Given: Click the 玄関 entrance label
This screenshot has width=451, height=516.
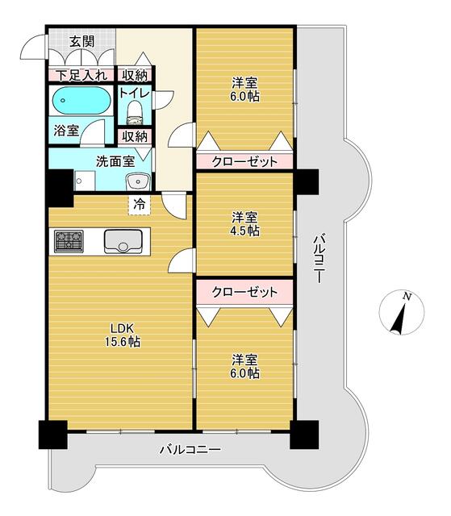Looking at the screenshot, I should click(x=81, y=40).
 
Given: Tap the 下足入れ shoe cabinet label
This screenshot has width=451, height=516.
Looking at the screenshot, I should click(x=81, y=76).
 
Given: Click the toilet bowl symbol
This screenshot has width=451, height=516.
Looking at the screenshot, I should click(x=135, y=111).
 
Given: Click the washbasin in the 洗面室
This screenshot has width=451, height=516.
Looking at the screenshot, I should click(x=138, y=179).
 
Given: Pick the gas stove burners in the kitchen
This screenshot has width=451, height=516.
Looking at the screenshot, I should click(x=69, y=240).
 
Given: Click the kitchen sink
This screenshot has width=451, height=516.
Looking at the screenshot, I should click(x=123, y=240).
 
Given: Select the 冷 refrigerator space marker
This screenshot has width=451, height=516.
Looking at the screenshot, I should click(x=140, y=205).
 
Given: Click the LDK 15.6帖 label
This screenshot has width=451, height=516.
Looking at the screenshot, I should click(x=123, y=335).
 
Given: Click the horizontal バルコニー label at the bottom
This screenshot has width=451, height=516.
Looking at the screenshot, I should click(x=190, y=448).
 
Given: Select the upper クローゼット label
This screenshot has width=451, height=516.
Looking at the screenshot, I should click(x=244, y=161).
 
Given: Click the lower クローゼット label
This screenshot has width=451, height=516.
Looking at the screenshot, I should click(x=244, y=290).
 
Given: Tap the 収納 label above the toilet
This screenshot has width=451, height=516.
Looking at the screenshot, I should click(x=135, y=75).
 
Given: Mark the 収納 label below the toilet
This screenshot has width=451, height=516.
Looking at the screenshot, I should click(x=135, y=136).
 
